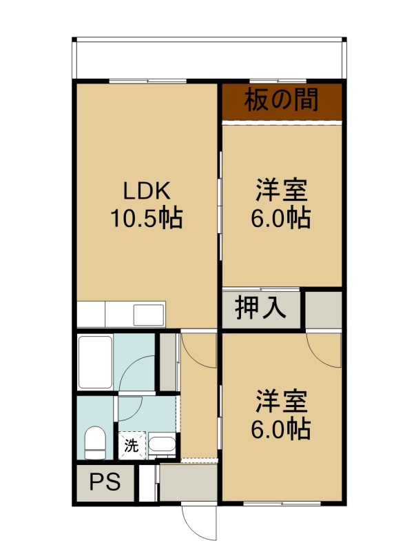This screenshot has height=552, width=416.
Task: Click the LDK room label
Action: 147,191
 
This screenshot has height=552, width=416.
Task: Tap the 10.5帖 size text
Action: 147,218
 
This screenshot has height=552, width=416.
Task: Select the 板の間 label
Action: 282,99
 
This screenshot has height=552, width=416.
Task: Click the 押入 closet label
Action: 260,308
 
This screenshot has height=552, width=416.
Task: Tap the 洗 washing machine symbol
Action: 132,446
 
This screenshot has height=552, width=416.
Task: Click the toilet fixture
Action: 95,442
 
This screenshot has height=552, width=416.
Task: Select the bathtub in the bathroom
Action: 95,362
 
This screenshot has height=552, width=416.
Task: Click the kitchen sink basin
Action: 149,315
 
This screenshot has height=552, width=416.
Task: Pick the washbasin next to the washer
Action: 162,444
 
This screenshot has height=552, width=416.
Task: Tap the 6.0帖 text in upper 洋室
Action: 281,218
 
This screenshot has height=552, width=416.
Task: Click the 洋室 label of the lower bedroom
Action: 282,402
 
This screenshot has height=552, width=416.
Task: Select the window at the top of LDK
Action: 147,81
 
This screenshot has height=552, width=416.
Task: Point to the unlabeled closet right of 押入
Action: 323,310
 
